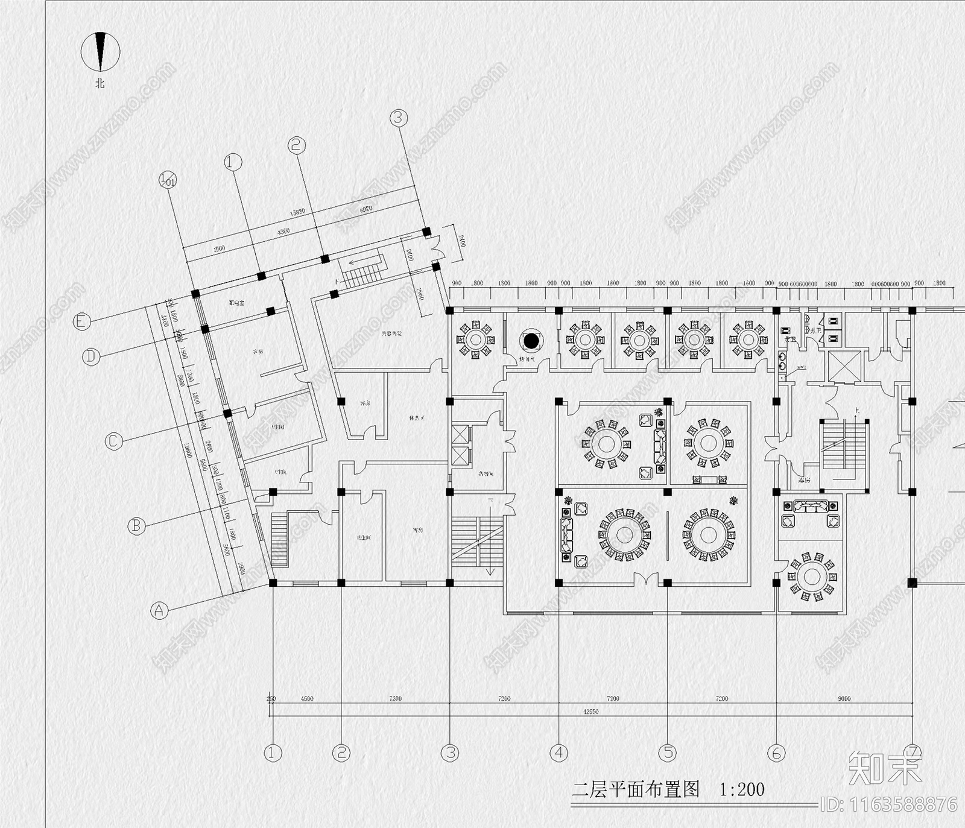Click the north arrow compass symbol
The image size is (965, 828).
101,51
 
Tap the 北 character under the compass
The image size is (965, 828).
100,83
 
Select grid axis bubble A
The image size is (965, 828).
159,610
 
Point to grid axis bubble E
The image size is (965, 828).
81,322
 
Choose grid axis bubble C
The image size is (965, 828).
113,441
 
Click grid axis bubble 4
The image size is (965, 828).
559,752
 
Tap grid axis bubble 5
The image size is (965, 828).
668,752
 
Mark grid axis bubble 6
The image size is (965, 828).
776,752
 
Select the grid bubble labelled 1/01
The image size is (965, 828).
167,179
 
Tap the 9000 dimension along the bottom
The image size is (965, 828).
844,698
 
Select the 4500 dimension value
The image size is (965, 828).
307,698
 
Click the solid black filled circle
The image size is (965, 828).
531,341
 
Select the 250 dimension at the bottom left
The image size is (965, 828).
271,698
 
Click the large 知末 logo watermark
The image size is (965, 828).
885,768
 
